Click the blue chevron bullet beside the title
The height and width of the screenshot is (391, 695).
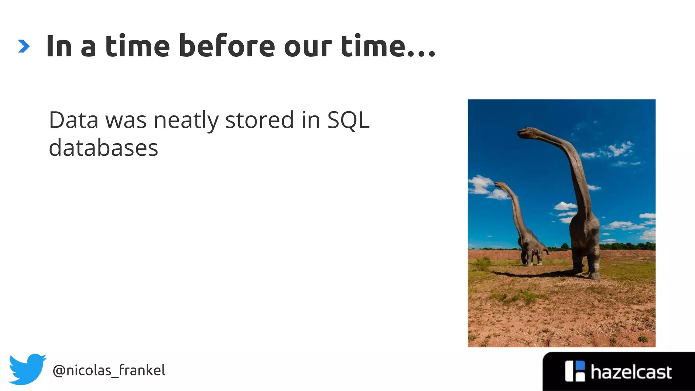(23, 46)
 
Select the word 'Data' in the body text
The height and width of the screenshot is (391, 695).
(73, 120)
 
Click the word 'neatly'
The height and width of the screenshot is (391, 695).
(186, 121)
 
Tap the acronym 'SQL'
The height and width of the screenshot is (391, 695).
(348, 121)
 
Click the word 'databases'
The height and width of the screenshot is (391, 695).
(104, 148)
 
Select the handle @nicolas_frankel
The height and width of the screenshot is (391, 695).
(109, 370)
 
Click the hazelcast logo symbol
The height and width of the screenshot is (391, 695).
(575, 371)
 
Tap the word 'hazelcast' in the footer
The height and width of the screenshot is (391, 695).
(631, 372)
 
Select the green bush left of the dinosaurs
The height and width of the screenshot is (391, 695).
(481, 264)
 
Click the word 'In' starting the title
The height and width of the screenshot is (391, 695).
(59, 46)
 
